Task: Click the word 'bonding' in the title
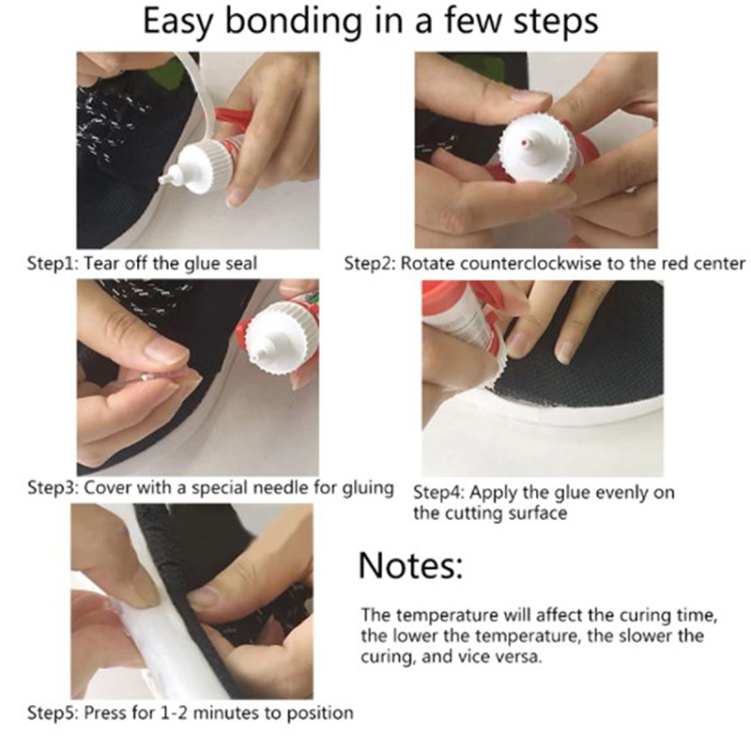tap(293, 22)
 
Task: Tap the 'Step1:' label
tap(54, 264)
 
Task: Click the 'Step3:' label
tap(54, 488)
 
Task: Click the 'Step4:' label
tap(438, 493)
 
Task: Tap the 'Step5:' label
tap(54, 713)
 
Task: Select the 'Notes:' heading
tap(410, 566)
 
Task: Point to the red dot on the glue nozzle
tap(525, 143)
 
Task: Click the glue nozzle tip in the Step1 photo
tap(163, 180)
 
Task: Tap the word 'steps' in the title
tap(555, 22)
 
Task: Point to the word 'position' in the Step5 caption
tap(319, 713)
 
